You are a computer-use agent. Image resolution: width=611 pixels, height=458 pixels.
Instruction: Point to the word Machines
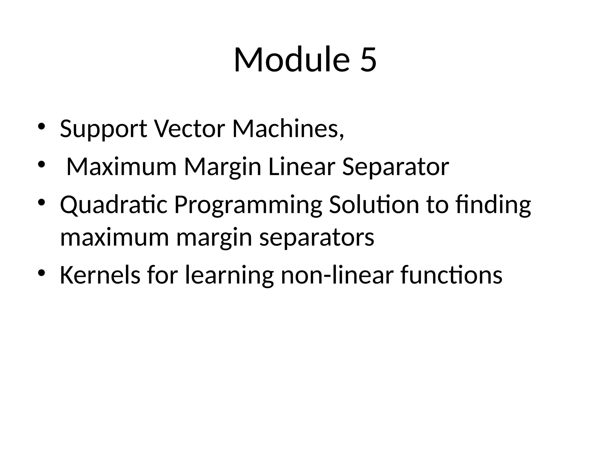[x=288, y=129]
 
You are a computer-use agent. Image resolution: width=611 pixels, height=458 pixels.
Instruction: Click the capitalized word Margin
[x=223, y=167]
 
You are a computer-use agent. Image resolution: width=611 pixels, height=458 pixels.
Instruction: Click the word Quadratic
[x=114, y=205]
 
